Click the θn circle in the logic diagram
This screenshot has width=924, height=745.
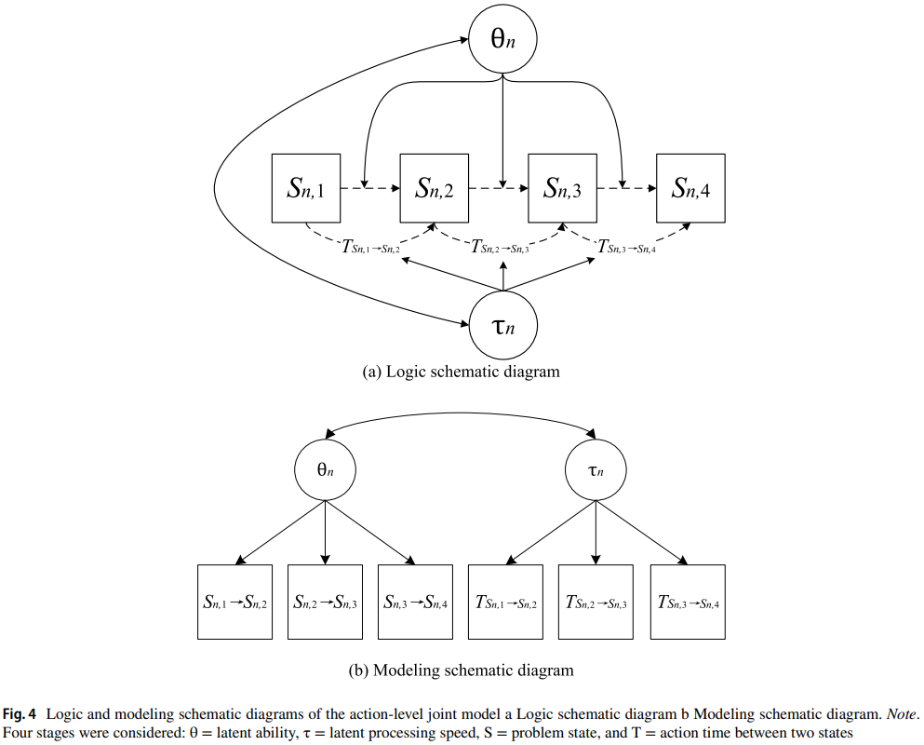click(503, 39)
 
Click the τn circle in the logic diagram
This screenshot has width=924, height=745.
click(503, 325)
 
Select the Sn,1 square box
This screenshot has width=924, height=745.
click(306, 189)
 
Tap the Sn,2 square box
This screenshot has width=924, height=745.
click(435, 189)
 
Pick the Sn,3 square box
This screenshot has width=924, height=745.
click(563, 189)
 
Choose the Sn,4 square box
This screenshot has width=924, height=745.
click(691, 189)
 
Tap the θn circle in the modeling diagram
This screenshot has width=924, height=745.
click(324, 469)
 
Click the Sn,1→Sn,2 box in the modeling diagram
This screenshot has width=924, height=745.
click(235, 603)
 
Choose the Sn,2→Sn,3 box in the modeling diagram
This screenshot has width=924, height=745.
click(325, 603)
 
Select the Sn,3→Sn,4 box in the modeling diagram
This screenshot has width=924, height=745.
click(415, 603)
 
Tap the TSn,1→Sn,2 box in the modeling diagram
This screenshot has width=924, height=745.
click(505, 603)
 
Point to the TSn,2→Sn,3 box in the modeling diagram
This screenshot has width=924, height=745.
click(596, 603)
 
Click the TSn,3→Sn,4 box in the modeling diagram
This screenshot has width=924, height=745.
click(688, 603)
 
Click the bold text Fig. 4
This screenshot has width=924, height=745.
click(20, 715)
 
